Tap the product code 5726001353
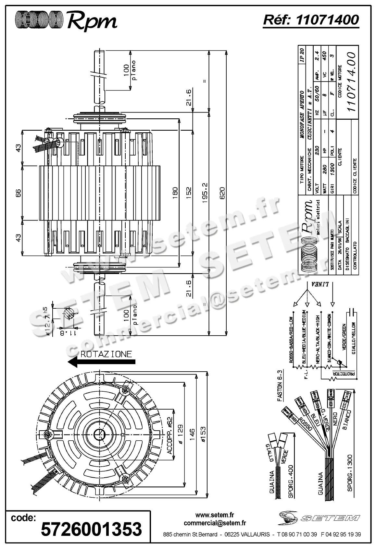pos(91,529)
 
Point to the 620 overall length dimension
pos(222,193)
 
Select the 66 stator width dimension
pos(18,193)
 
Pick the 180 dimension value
pos(175,193)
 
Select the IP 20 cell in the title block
pos(302,55)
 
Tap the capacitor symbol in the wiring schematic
pos(352,313)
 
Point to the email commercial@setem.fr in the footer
pos(215,523)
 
